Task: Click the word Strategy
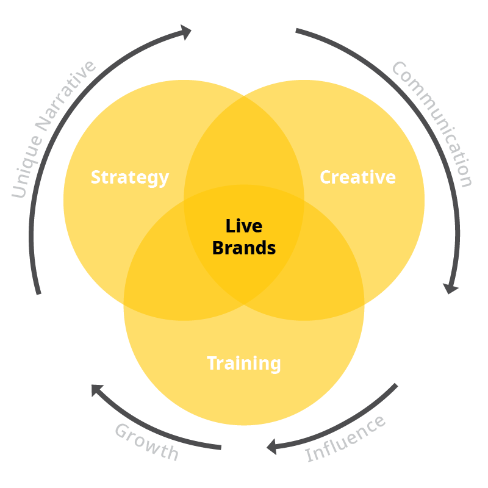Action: point(129,178)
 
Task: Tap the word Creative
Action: point(357,178)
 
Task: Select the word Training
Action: point(244,364)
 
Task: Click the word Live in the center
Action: point(244,226)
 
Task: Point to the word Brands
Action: point(244,248)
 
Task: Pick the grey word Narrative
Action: point(66,98)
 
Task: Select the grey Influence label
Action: point(345,439)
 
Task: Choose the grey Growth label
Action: point(147,442)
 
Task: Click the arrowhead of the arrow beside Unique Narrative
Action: point(185,32)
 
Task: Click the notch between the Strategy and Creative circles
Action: point(244,95)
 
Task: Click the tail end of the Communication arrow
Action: point(297,30)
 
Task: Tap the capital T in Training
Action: point(212,363)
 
